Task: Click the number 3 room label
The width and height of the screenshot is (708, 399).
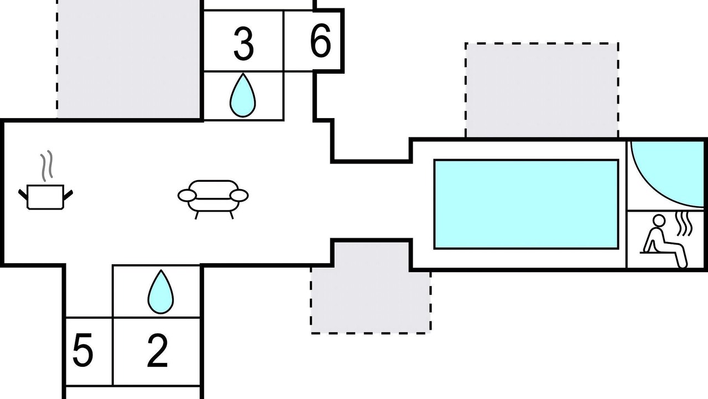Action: point(243,44)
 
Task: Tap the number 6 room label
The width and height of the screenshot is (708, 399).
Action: point(320,41)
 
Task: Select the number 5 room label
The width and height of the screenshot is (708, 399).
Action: point(83,350)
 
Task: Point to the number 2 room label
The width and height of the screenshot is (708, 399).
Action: point(158,351)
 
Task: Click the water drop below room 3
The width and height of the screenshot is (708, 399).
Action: point(243,95)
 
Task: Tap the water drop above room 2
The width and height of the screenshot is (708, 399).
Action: point(160,292)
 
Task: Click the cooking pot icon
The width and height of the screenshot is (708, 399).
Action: point(45,197)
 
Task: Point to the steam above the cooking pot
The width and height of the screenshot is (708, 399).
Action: point(46,166)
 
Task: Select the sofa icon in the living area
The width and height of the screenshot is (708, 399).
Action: point(213,199)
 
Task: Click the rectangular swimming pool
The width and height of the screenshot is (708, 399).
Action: point(526,204)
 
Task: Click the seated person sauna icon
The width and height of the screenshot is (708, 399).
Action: point(664,241)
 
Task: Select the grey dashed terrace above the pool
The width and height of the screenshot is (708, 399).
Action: point(542,90)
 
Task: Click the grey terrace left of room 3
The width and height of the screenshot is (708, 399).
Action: point(128,59)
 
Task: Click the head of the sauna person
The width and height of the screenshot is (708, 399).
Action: point(659,221)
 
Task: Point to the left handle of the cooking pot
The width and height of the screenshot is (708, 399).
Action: point(23,195)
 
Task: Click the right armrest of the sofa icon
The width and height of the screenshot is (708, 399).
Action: point(239,196)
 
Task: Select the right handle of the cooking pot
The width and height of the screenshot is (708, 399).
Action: point(68,195)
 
